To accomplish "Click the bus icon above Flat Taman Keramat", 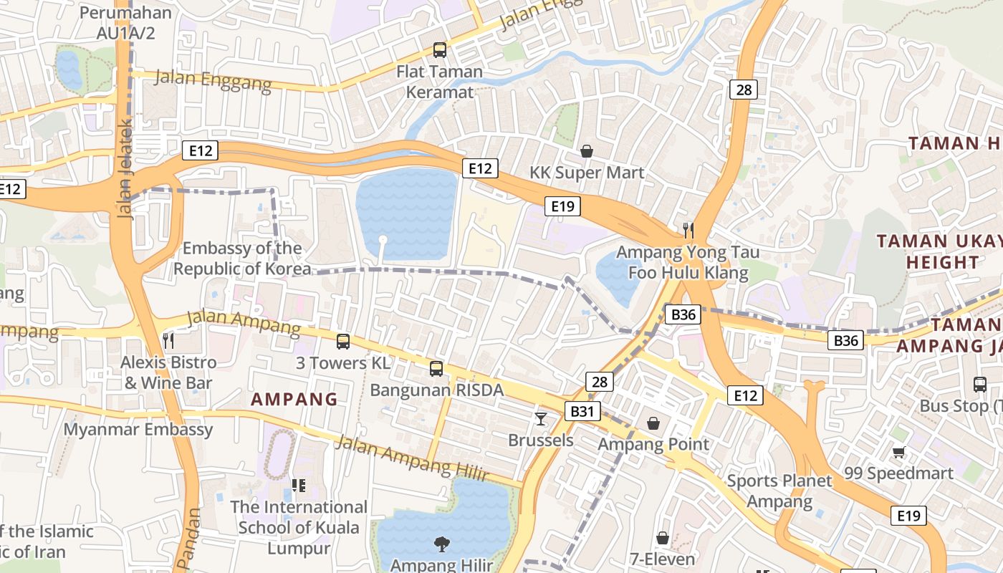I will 439,50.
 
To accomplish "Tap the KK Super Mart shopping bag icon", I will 587,151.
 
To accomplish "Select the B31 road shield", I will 582,411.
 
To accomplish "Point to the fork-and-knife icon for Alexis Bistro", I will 168,340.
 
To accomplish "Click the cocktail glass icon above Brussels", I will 541,418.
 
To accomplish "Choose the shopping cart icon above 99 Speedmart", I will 898,452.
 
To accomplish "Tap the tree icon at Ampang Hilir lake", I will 441,544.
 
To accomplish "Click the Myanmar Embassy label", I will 138,430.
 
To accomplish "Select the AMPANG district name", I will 294,400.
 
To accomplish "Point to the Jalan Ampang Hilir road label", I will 411,458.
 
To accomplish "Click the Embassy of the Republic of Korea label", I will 242,259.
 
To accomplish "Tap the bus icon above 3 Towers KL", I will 343,341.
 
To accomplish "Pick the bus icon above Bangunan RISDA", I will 436,369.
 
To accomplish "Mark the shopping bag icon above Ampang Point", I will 653,423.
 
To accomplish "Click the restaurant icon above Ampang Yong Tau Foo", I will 688,230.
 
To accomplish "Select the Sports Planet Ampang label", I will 779,491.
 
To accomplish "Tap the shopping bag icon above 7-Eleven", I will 663,537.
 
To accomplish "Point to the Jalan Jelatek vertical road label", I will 124,168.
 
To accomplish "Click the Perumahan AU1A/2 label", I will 126,22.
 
